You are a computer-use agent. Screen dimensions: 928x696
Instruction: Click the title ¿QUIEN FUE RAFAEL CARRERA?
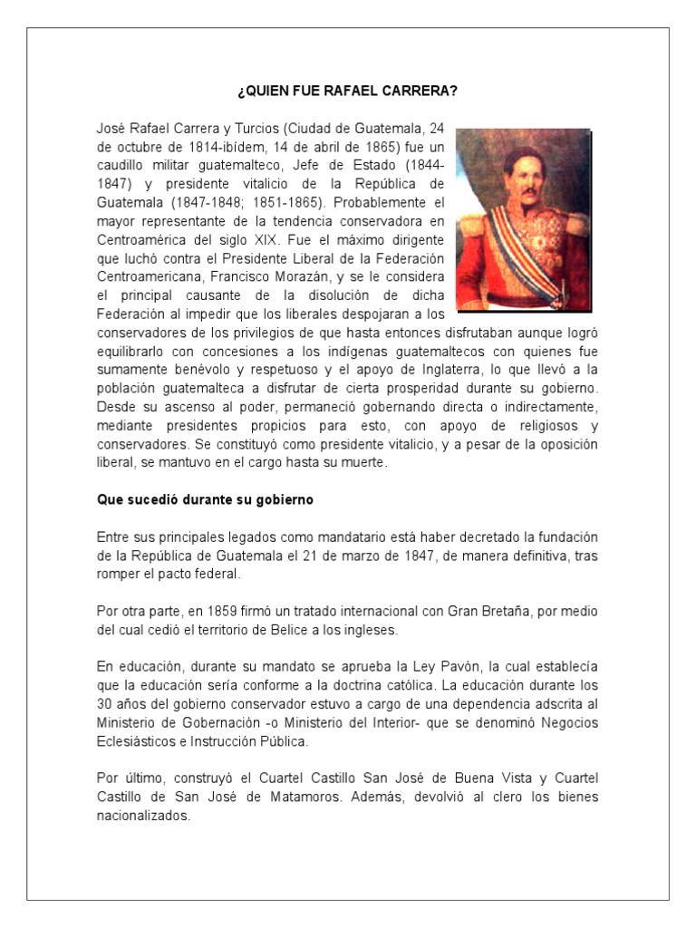coord(347,92)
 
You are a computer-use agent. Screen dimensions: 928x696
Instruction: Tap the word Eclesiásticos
coord(135,740)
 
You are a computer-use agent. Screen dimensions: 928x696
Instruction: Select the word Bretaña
coord(473,612)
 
